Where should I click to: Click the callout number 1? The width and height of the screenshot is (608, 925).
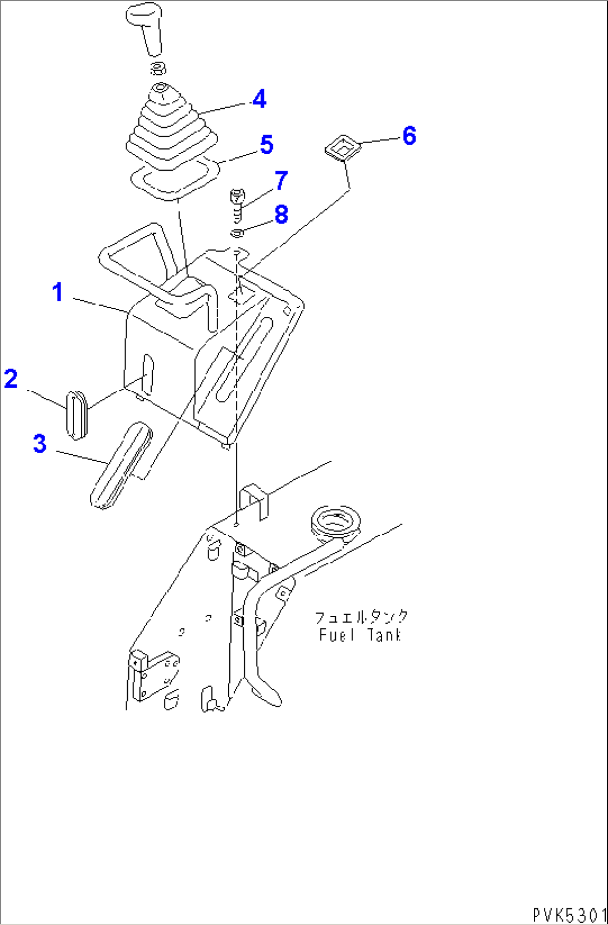57,292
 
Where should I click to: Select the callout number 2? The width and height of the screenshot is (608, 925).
11,379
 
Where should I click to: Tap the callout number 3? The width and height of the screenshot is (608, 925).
40,444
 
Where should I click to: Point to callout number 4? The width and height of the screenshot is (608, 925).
259,99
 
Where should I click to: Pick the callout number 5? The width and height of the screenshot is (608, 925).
267,145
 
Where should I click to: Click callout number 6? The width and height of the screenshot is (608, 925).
409,136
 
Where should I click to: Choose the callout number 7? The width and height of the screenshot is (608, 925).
281,180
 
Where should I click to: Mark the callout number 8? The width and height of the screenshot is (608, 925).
281,215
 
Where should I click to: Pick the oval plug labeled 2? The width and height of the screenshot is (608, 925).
78,415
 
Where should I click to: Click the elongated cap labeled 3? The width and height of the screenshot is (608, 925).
120,466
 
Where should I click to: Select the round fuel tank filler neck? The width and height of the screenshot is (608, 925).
336,522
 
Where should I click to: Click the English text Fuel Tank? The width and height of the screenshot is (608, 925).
360,635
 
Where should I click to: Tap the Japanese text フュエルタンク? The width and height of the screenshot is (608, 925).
361,618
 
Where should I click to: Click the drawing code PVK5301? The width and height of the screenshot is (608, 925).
568,915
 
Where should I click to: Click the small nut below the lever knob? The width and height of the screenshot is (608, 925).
158,69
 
